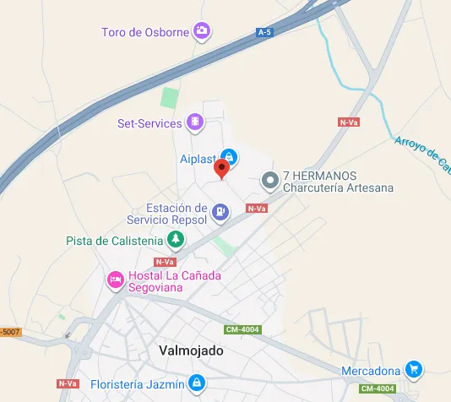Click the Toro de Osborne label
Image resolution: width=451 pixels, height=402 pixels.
click(x=145, y=33)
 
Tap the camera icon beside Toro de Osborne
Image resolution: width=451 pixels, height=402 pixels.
click(x=202, y=32)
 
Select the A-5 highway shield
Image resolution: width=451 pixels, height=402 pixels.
click(x=265, y=32)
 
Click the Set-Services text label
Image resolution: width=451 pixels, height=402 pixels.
click(x=149, y=123)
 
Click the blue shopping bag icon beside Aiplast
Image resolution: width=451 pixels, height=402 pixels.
click(x=228, y=157)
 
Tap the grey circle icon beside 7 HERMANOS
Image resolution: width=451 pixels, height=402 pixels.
click(x=270, y=181)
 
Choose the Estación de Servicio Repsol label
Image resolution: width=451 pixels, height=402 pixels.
click(x=177, y=214)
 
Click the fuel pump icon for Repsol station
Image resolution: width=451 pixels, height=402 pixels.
click(x=220, y=212)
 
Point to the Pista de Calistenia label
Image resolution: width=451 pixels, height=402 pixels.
click(x=114, y=241)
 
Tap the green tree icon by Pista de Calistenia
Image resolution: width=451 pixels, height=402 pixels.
click(x=175, y=241)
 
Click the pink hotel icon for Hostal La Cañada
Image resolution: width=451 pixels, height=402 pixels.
click(x=115, y=280)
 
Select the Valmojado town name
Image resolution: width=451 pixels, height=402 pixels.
click(x=191, y=350)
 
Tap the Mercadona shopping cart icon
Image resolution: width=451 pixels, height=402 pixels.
click(x=412, y=370)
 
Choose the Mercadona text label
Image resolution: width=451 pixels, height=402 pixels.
click(x=370, y=371)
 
